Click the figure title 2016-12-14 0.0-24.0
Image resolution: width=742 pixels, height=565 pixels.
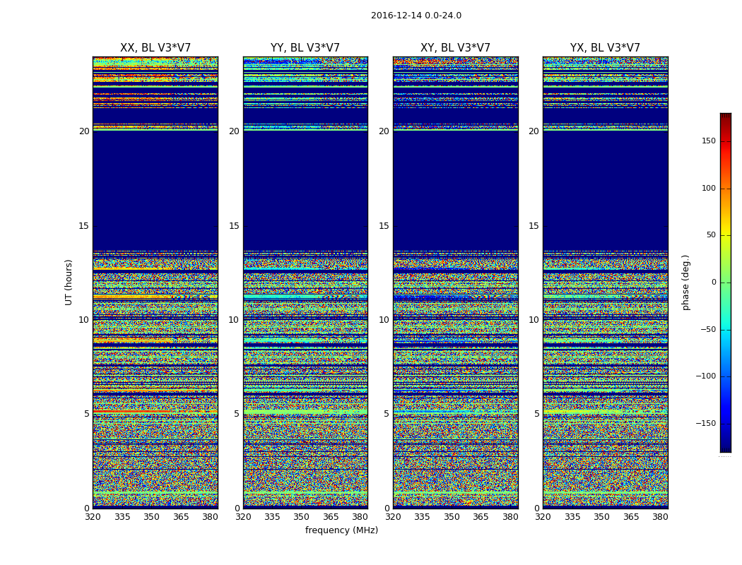[416, 16]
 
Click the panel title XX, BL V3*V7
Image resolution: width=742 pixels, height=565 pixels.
[155, 48]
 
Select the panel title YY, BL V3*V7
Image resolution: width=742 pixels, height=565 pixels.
[305, 48]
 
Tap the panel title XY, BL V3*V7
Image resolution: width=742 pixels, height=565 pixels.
[455, 48]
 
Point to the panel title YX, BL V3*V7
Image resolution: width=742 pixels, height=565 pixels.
[605, 48]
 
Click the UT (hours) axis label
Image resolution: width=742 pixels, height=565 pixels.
[69, 282]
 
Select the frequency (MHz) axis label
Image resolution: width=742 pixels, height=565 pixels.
[341, 530]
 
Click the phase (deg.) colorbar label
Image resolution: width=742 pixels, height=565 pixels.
[685, 282]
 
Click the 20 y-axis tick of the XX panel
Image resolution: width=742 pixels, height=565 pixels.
[84, 131]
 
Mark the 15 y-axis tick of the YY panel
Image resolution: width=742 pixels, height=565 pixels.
[234, 226]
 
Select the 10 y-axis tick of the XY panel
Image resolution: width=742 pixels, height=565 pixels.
[384, 320]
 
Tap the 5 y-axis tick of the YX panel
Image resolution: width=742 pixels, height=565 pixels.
[536, 414]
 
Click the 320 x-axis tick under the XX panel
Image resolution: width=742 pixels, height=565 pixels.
[93, 517]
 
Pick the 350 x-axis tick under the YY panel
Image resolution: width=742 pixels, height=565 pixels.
[302, 517]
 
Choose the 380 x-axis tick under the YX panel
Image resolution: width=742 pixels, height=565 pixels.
[660, 517]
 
